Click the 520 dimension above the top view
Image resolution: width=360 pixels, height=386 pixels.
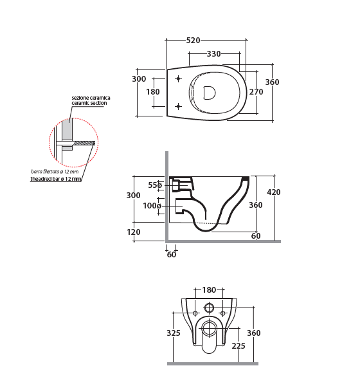point(193,40)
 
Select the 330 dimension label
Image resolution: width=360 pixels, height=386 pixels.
point(213,53)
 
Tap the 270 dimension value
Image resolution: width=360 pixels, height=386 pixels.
point(256,91)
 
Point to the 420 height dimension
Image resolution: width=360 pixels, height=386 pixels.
point(274,192)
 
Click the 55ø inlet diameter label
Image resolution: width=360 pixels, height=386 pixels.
point(155,185)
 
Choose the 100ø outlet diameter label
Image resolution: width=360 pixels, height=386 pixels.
point(152,205)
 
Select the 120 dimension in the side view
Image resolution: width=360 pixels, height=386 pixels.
point(133,232)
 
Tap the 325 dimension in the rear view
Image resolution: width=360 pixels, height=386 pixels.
point(174,333)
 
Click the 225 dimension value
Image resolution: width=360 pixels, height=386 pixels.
point(239,346)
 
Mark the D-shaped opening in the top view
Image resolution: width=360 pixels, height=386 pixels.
point(210,93)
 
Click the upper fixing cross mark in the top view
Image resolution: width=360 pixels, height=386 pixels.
point(179,78)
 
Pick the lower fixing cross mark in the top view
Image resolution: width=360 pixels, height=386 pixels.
point(179,106)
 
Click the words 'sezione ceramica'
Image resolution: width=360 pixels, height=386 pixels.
point(91,98)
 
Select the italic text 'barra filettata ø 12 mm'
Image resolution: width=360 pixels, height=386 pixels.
point(55,172)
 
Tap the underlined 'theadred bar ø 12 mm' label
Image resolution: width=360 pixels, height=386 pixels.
point(56,179)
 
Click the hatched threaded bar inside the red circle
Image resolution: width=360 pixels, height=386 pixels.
point(84,143)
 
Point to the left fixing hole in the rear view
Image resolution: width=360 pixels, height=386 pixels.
point(195,313)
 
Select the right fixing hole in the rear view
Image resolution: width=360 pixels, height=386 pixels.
point(223,313)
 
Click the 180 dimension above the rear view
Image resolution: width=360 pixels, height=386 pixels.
point(209,289)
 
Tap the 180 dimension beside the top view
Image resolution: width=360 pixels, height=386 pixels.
point(153,91)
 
